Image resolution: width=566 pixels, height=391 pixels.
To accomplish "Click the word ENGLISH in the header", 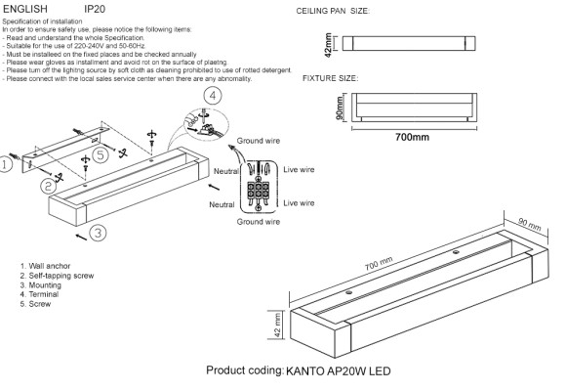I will click(25, 7).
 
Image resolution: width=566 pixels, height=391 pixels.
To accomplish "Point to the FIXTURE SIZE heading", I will click(330, 76).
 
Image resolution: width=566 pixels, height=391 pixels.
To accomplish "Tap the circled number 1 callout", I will click(7, 166).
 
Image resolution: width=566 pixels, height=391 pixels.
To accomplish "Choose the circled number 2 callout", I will click(46, 185).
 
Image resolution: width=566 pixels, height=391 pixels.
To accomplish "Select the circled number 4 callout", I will click(214, 96).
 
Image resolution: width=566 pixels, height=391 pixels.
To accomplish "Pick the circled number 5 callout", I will click(100, 155).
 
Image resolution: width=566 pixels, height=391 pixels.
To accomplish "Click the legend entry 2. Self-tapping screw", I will click(56, 276).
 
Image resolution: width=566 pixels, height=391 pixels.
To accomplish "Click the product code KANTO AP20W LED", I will click(338, 372).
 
